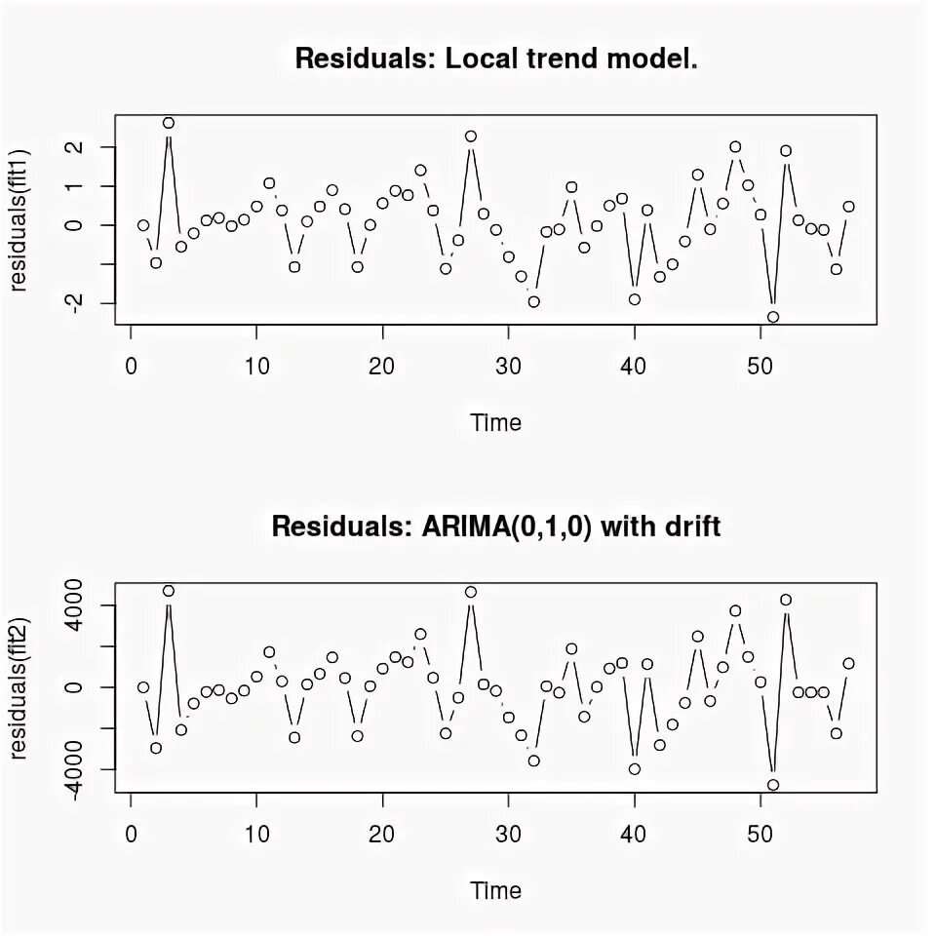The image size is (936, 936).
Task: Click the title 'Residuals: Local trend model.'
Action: (x=496, y=58)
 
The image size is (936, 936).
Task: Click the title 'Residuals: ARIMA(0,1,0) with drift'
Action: (x=496, y=527)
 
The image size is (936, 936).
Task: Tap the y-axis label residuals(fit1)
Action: (x=19, y=219)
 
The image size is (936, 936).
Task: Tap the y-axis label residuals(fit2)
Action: (x=19, y=687)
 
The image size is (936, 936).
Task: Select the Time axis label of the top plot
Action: (x=496, y=423)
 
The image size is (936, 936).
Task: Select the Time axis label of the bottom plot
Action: (x=496, y=891)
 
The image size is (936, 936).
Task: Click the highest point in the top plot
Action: (x=169, y=123)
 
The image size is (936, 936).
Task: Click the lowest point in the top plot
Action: (x=773, y=317)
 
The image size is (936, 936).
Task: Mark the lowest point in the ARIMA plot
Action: (x=773, y=785)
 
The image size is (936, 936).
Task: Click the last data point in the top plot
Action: (x=848, y=207)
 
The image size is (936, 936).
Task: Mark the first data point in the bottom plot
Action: (x=143, y=687)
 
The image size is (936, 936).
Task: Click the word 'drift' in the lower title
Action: (x=689, y=527)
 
